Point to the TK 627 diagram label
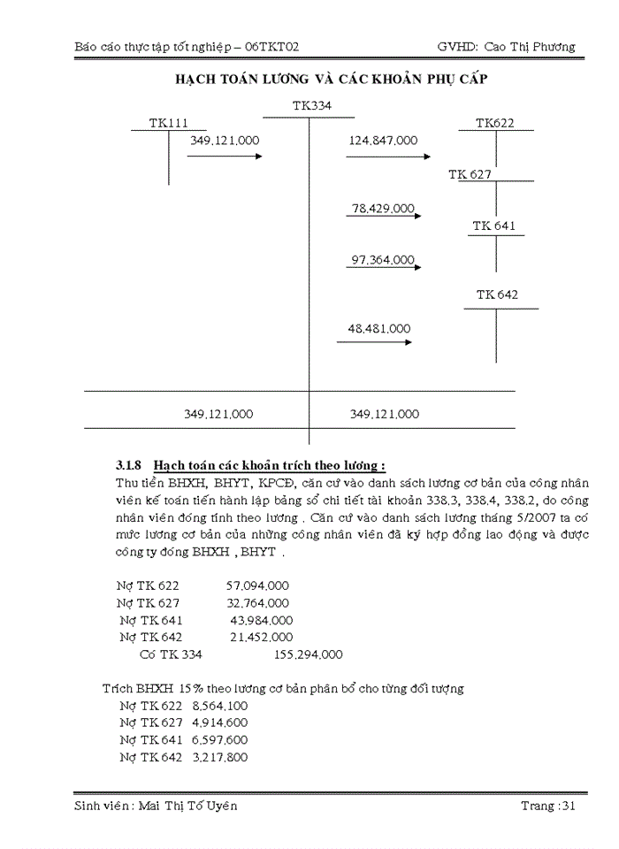[470, 174]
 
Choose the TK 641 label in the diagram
[493, 226]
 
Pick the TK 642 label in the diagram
[497, 294]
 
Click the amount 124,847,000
[383, 140]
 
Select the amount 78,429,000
[383, 209]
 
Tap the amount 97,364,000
[383, 260]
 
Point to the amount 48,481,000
[379, 328]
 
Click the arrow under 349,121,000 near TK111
[225, 157]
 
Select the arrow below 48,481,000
[374, 342]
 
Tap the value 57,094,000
[257, 585]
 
